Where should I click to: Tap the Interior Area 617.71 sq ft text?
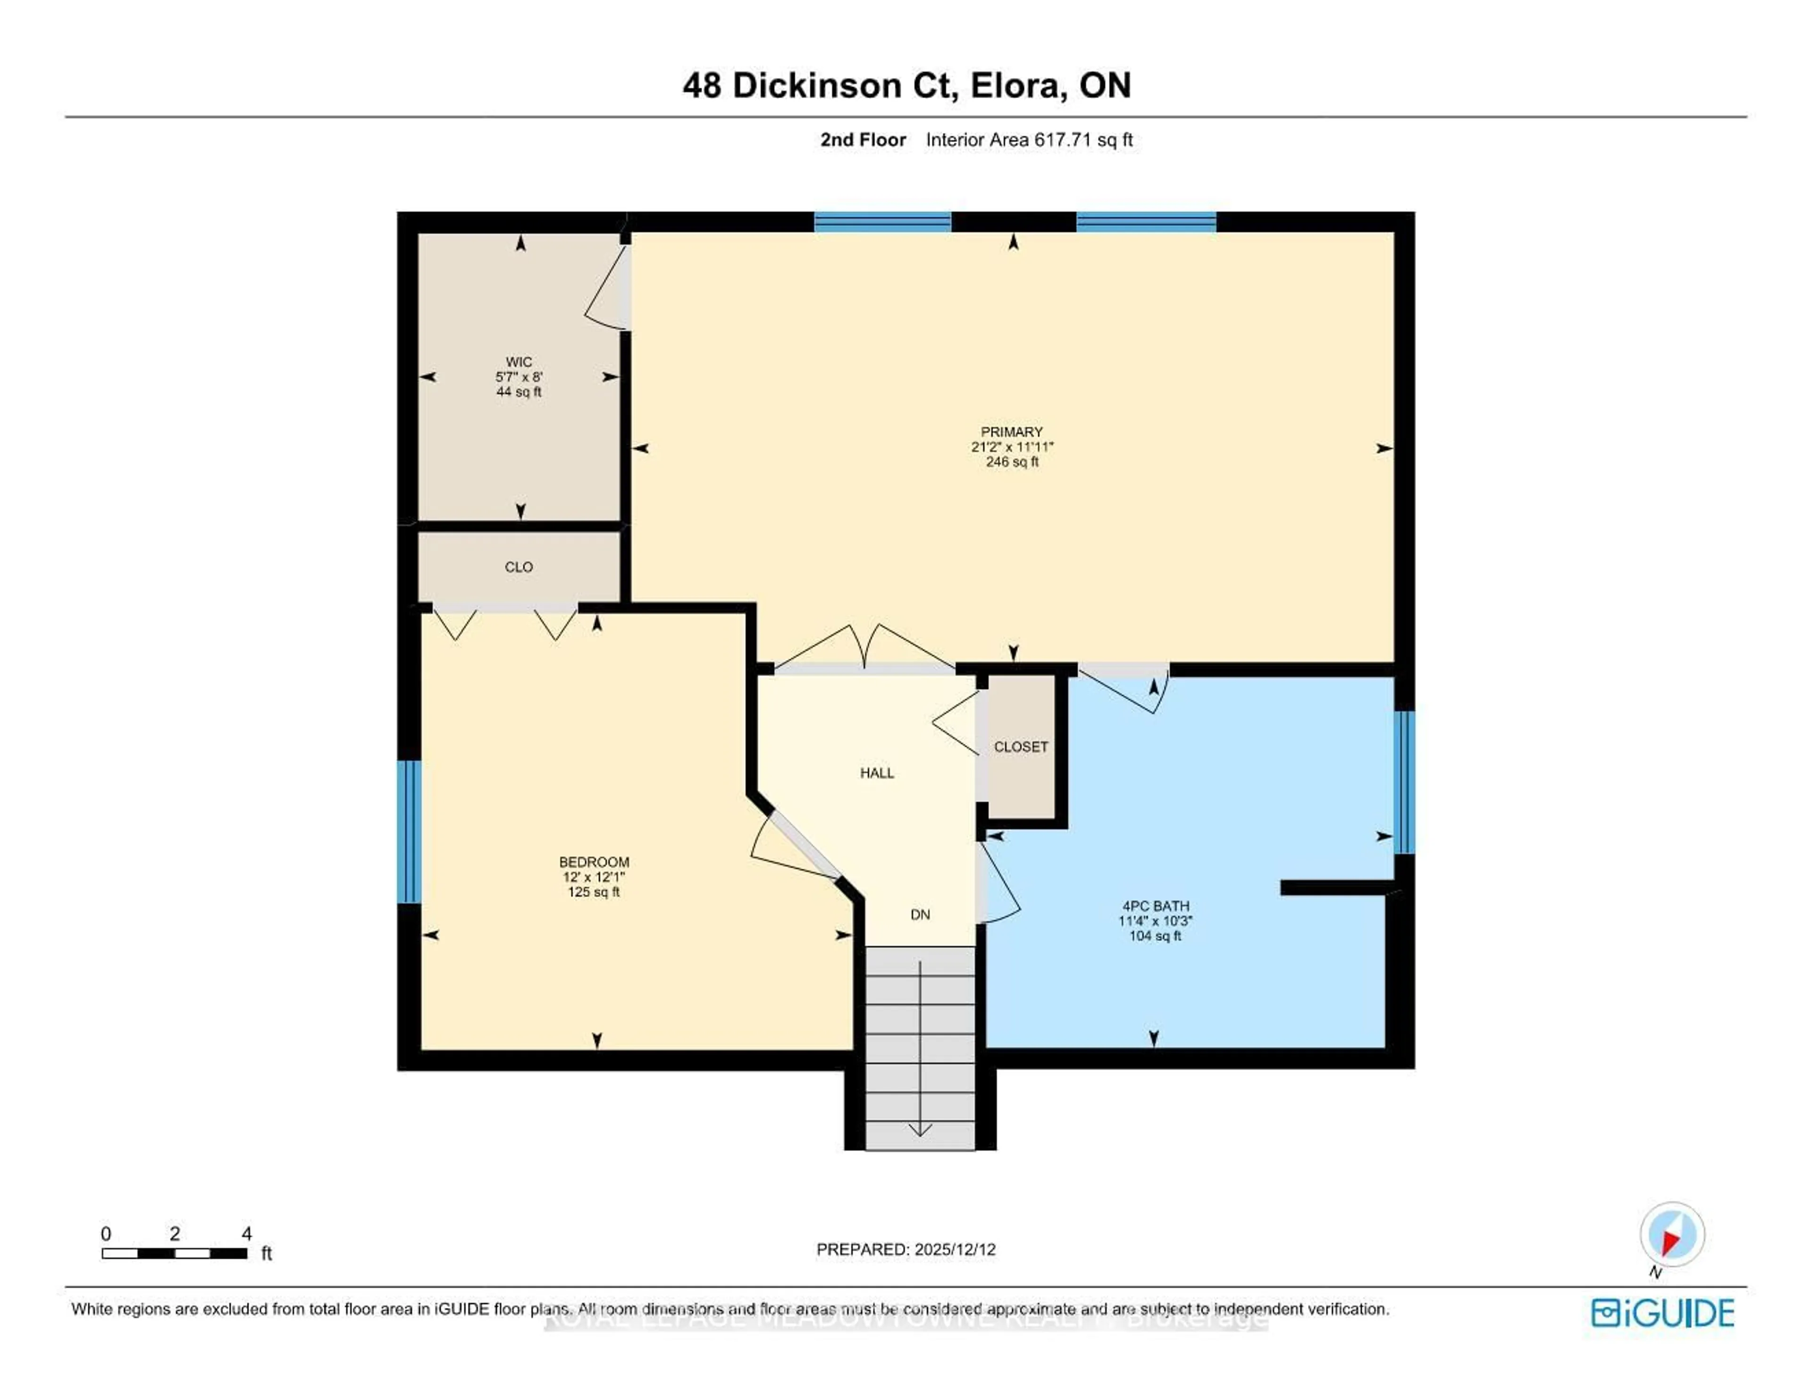click(1029, 140)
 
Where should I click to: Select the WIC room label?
click(519, 362)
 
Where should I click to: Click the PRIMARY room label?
click(1011, 432)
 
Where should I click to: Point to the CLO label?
click(519, 567)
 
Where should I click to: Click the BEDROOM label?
click(594, 862)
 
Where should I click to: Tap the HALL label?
click(877, 772)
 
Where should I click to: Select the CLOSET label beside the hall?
click(1021, 747)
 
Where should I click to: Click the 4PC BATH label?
click(1155, 906)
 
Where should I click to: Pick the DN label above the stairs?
click(920, 914)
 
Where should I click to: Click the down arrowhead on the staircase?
click(920, 1130)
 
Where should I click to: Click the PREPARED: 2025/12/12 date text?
click(906, 1249)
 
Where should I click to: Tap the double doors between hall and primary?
click(864, 649)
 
